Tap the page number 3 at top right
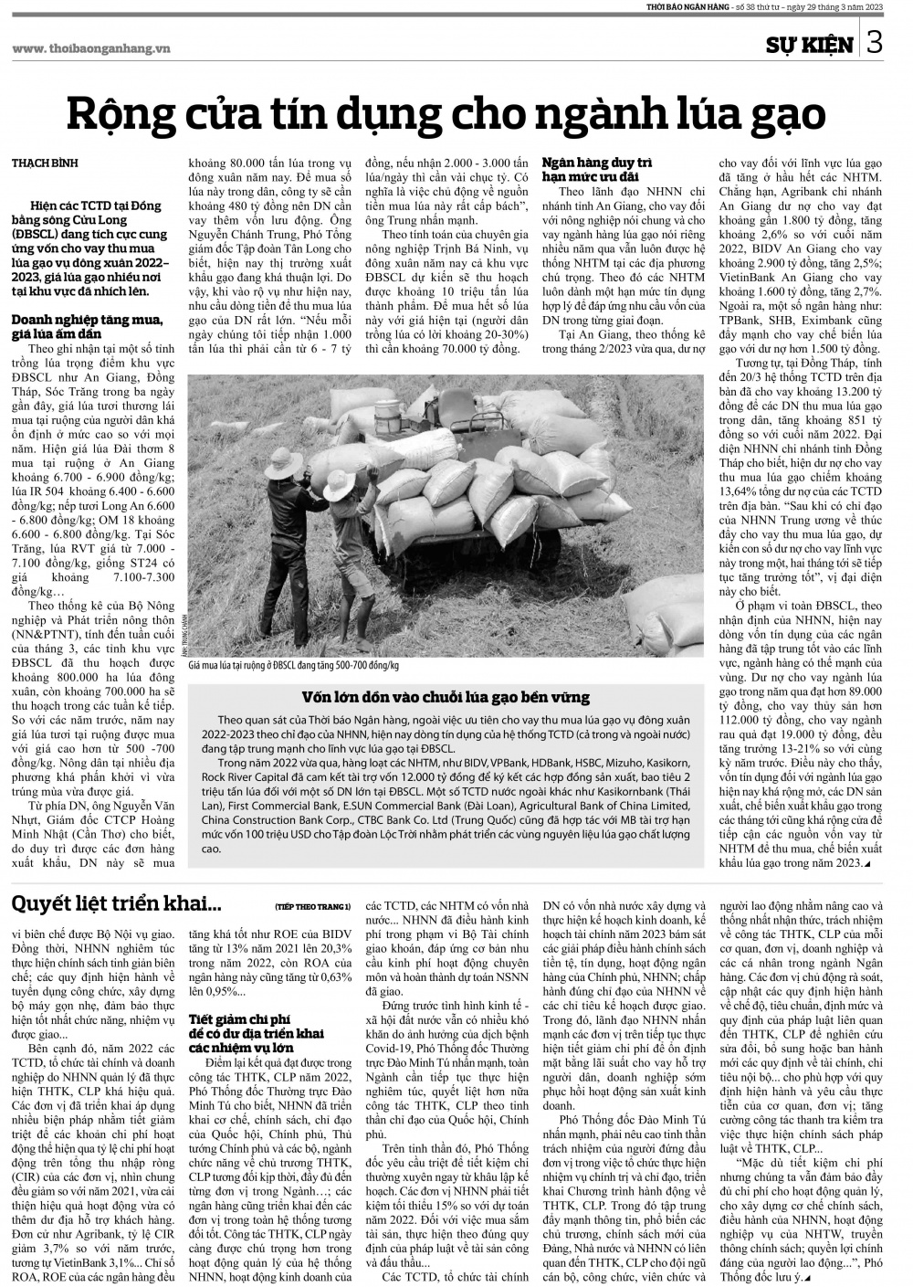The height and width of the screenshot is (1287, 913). click(875, 43)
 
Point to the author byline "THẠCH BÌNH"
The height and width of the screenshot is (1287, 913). click(45, 163)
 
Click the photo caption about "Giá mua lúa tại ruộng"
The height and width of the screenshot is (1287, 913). click(299, 665)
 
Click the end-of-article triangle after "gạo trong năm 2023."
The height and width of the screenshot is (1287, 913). click(866, 863)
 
